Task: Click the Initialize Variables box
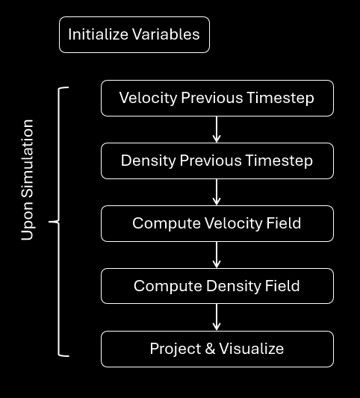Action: pos(134,35)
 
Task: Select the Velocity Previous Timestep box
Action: pos(217,98)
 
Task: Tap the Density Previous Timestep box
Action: pos(217,161)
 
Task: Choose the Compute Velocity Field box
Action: pos(217,223)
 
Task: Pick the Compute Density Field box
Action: pos(217,286)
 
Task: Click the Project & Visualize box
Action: pos(217,349)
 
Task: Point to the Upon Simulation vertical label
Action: pos(28,179)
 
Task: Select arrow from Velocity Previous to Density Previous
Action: pos(217,129)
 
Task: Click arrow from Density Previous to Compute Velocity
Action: pos(217,192)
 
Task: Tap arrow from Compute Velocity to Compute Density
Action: pos(217,255)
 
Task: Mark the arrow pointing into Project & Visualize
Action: pos(217,317)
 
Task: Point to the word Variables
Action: pos(165,34)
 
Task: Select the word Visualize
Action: pos(251,349)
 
